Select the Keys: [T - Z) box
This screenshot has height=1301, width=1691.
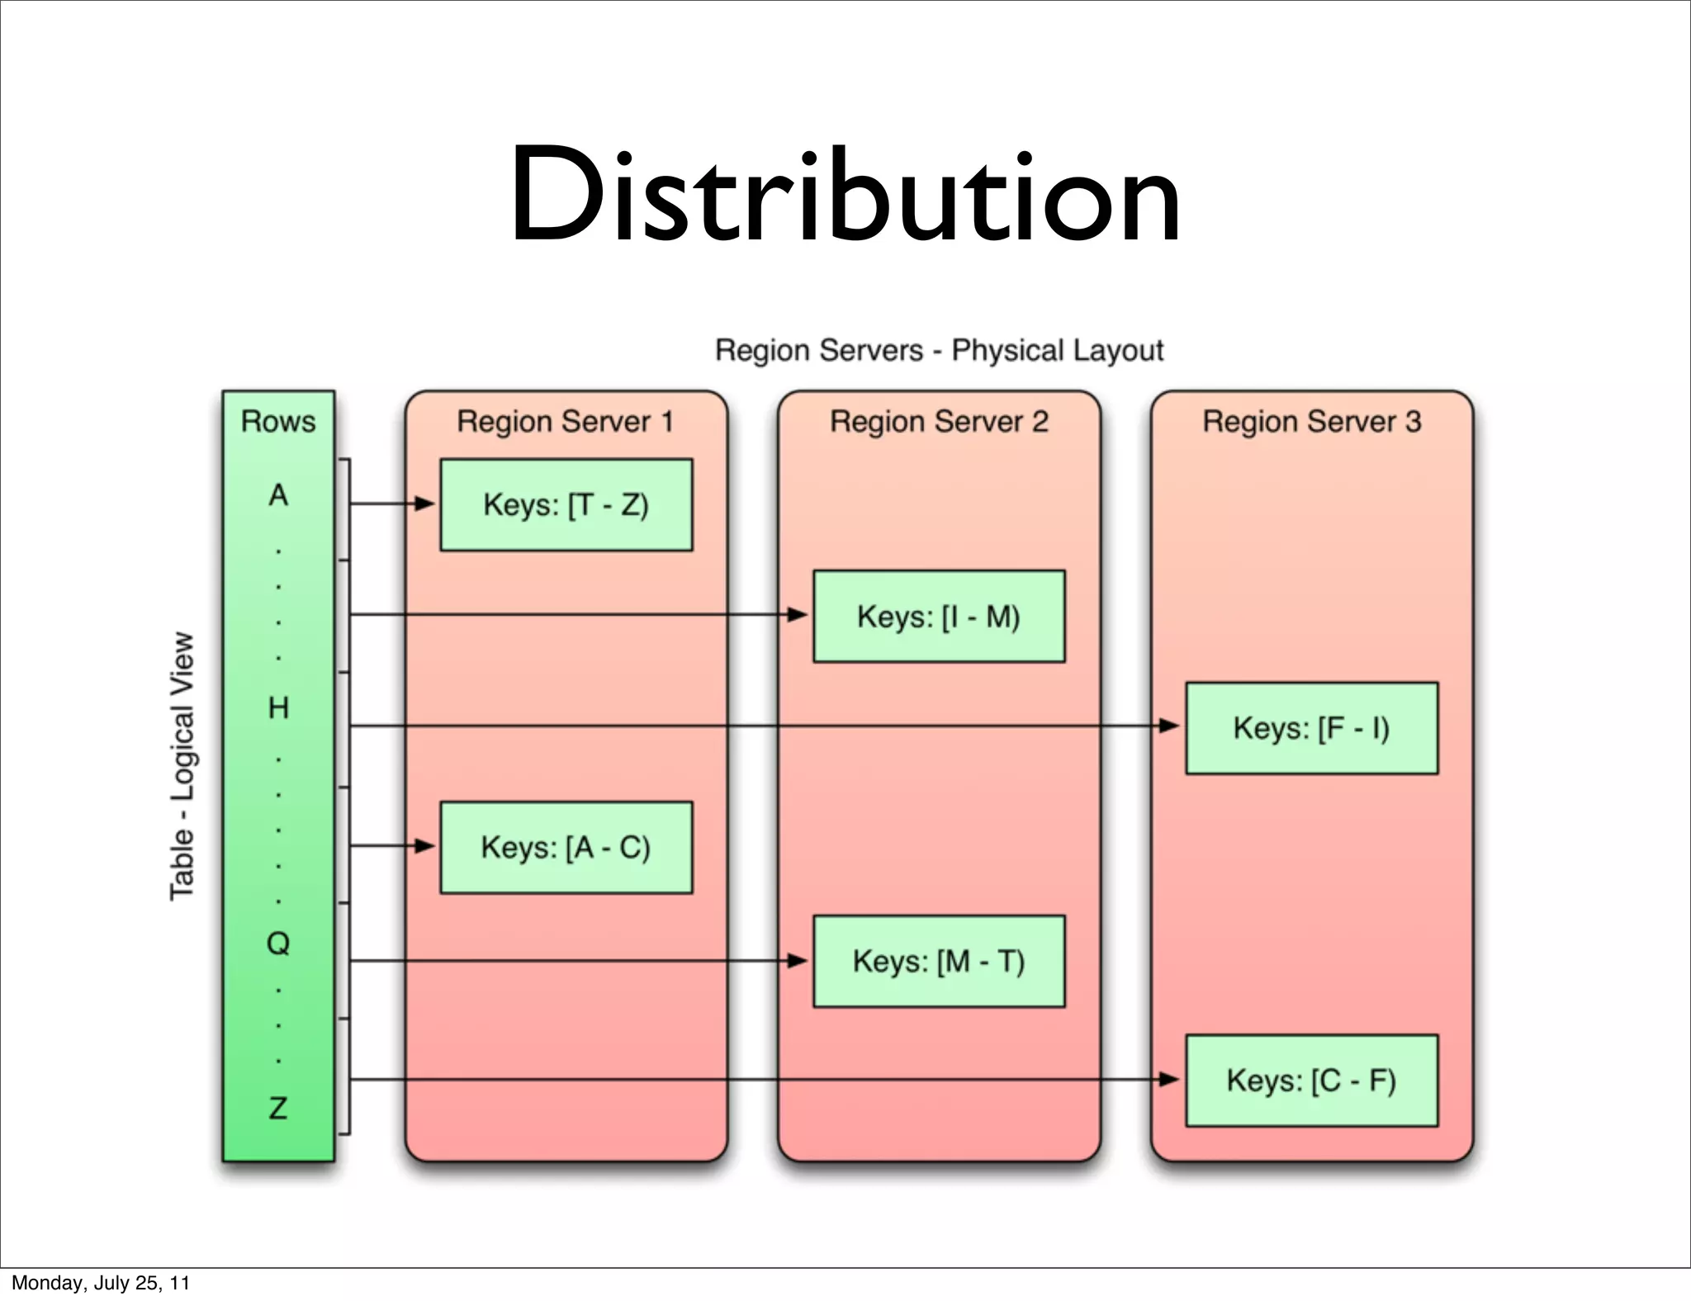pyautogui.click(x=566, y=504)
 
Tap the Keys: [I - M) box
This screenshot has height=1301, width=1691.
pyautogui.click(x=939, y=616)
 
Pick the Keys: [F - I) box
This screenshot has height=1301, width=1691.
pyautogui.click(x=1311, y=727)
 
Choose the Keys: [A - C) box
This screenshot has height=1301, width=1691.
pyautogui.click(x=566, y=847)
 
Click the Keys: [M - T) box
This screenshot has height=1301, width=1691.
pyautogui.click(x=939, y=961)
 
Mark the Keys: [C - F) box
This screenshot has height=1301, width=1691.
pyautogui.click(x=1311, y=1080)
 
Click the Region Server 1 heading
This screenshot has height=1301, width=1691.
pyautogui.click(x=566, y=422)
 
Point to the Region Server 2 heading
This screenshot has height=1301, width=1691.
pyautogui.click(x=939, y=422)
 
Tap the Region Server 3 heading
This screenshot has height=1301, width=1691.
pyautogui.click(x=1311, y=422)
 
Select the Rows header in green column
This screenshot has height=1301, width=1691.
pyautogui.click(x=278, y=422)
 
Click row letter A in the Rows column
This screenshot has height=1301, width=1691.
pyautogui.click(x=278, y=495)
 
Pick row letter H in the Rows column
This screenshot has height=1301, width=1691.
pyautogui.click(x=278, y=707)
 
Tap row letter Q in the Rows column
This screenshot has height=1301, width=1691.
pyautogui.click(x=278, y=943)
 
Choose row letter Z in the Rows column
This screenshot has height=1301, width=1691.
pyautogui.click(x=278, y=1107)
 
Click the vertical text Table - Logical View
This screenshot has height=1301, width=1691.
pyautogui.click(x=182, y=766)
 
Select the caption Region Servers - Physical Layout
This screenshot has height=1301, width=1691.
pyautogui.click(x=939, y=350)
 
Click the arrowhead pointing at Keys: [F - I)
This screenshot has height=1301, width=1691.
pyautogui.click(x=1169, y=726)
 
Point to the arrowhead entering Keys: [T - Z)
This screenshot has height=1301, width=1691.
pyautogui.click(x=424, y=503)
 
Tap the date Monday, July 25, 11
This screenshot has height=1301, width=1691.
pyautogui.click(x=101, y=1283)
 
